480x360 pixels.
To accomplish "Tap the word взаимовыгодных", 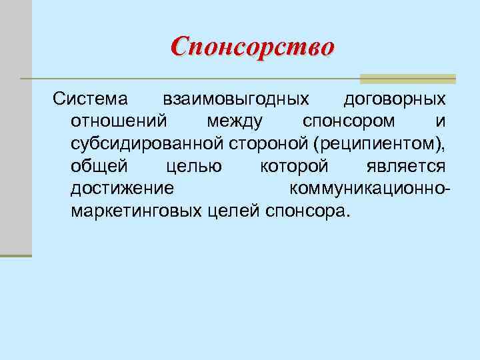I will tap(236, 100).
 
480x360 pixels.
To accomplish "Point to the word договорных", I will tap(394, 100).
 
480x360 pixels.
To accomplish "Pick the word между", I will tap(235, 122).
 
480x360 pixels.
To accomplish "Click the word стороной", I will tap(271, 144).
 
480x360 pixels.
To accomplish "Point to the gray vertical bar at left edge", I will tap(15, 127).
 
